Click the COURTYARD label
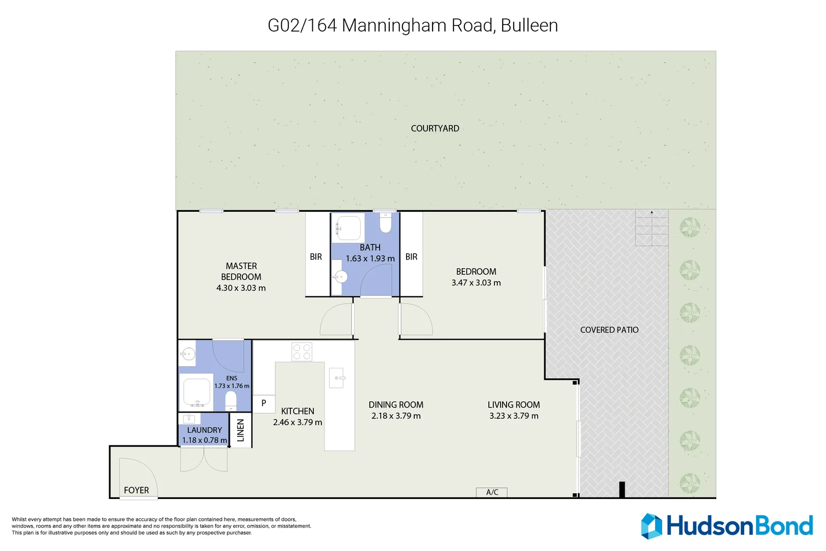(x=435, y=129)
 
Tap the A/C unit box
(x=491, y=492)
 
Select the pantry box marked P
(x=264, y=403)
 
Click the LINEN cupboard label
(x=241, y=430)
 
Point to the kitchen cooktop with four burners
(x=302, y=352)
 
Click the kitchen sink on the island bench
(x=337, y=378)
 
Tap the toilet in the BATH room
(x=386, y=223)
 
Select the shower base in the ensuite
(x=196, y=391)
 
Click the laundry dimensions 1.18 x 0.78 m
(x=205, y=440)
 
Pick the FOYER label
(x=136, y=490)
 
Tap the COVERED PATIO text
(x=609, y=330)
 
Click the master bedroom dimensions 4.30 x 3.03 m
(x=241, y=288)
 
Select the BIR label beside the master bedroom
(x=316, y=257)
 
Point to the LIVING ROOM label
(x=513, y=405)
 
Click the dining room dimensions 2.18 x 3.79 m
(x=396, y=416)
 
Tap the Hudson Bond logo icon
(x=652, y=526)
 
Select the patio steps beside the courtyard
(x=652, y=228)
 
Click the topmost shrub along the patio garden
(x=690, y=227)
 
